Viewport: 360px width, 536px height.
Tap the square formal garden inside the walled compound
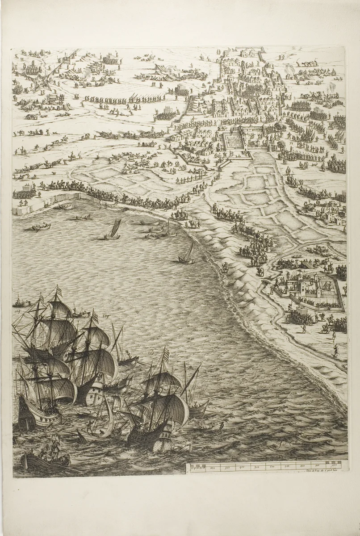tap(233, 140)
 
